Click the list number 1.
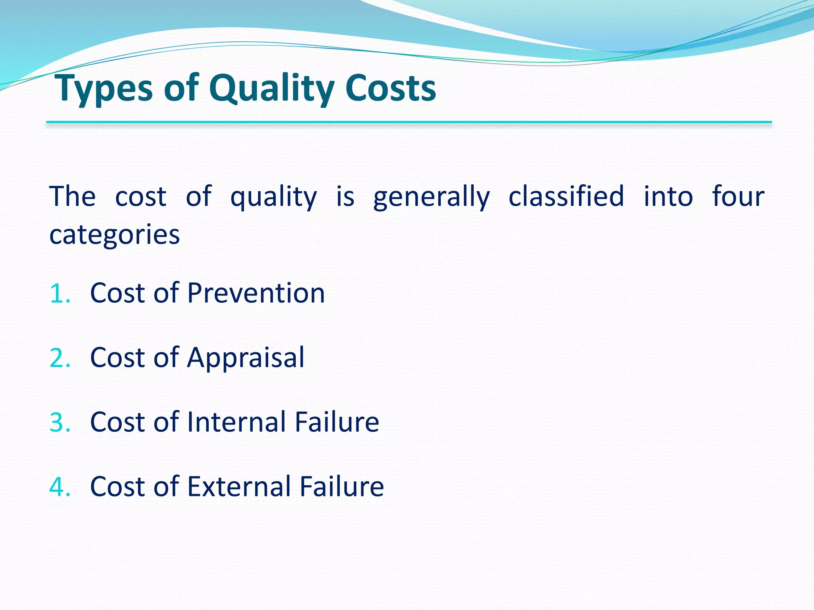[x=60, y=293]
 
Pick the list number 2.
[x=60, y=358]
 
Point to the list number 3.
[x=60, y=422]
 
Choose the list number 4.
[x=60, y=486]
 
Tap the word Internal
[x=236, y=422]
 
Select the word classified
[x=566, y=197]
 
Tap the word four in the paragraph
[x=738, y=197]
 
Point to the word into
[x=668, y=197]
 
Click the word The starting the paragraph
[x=72, y=197]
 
